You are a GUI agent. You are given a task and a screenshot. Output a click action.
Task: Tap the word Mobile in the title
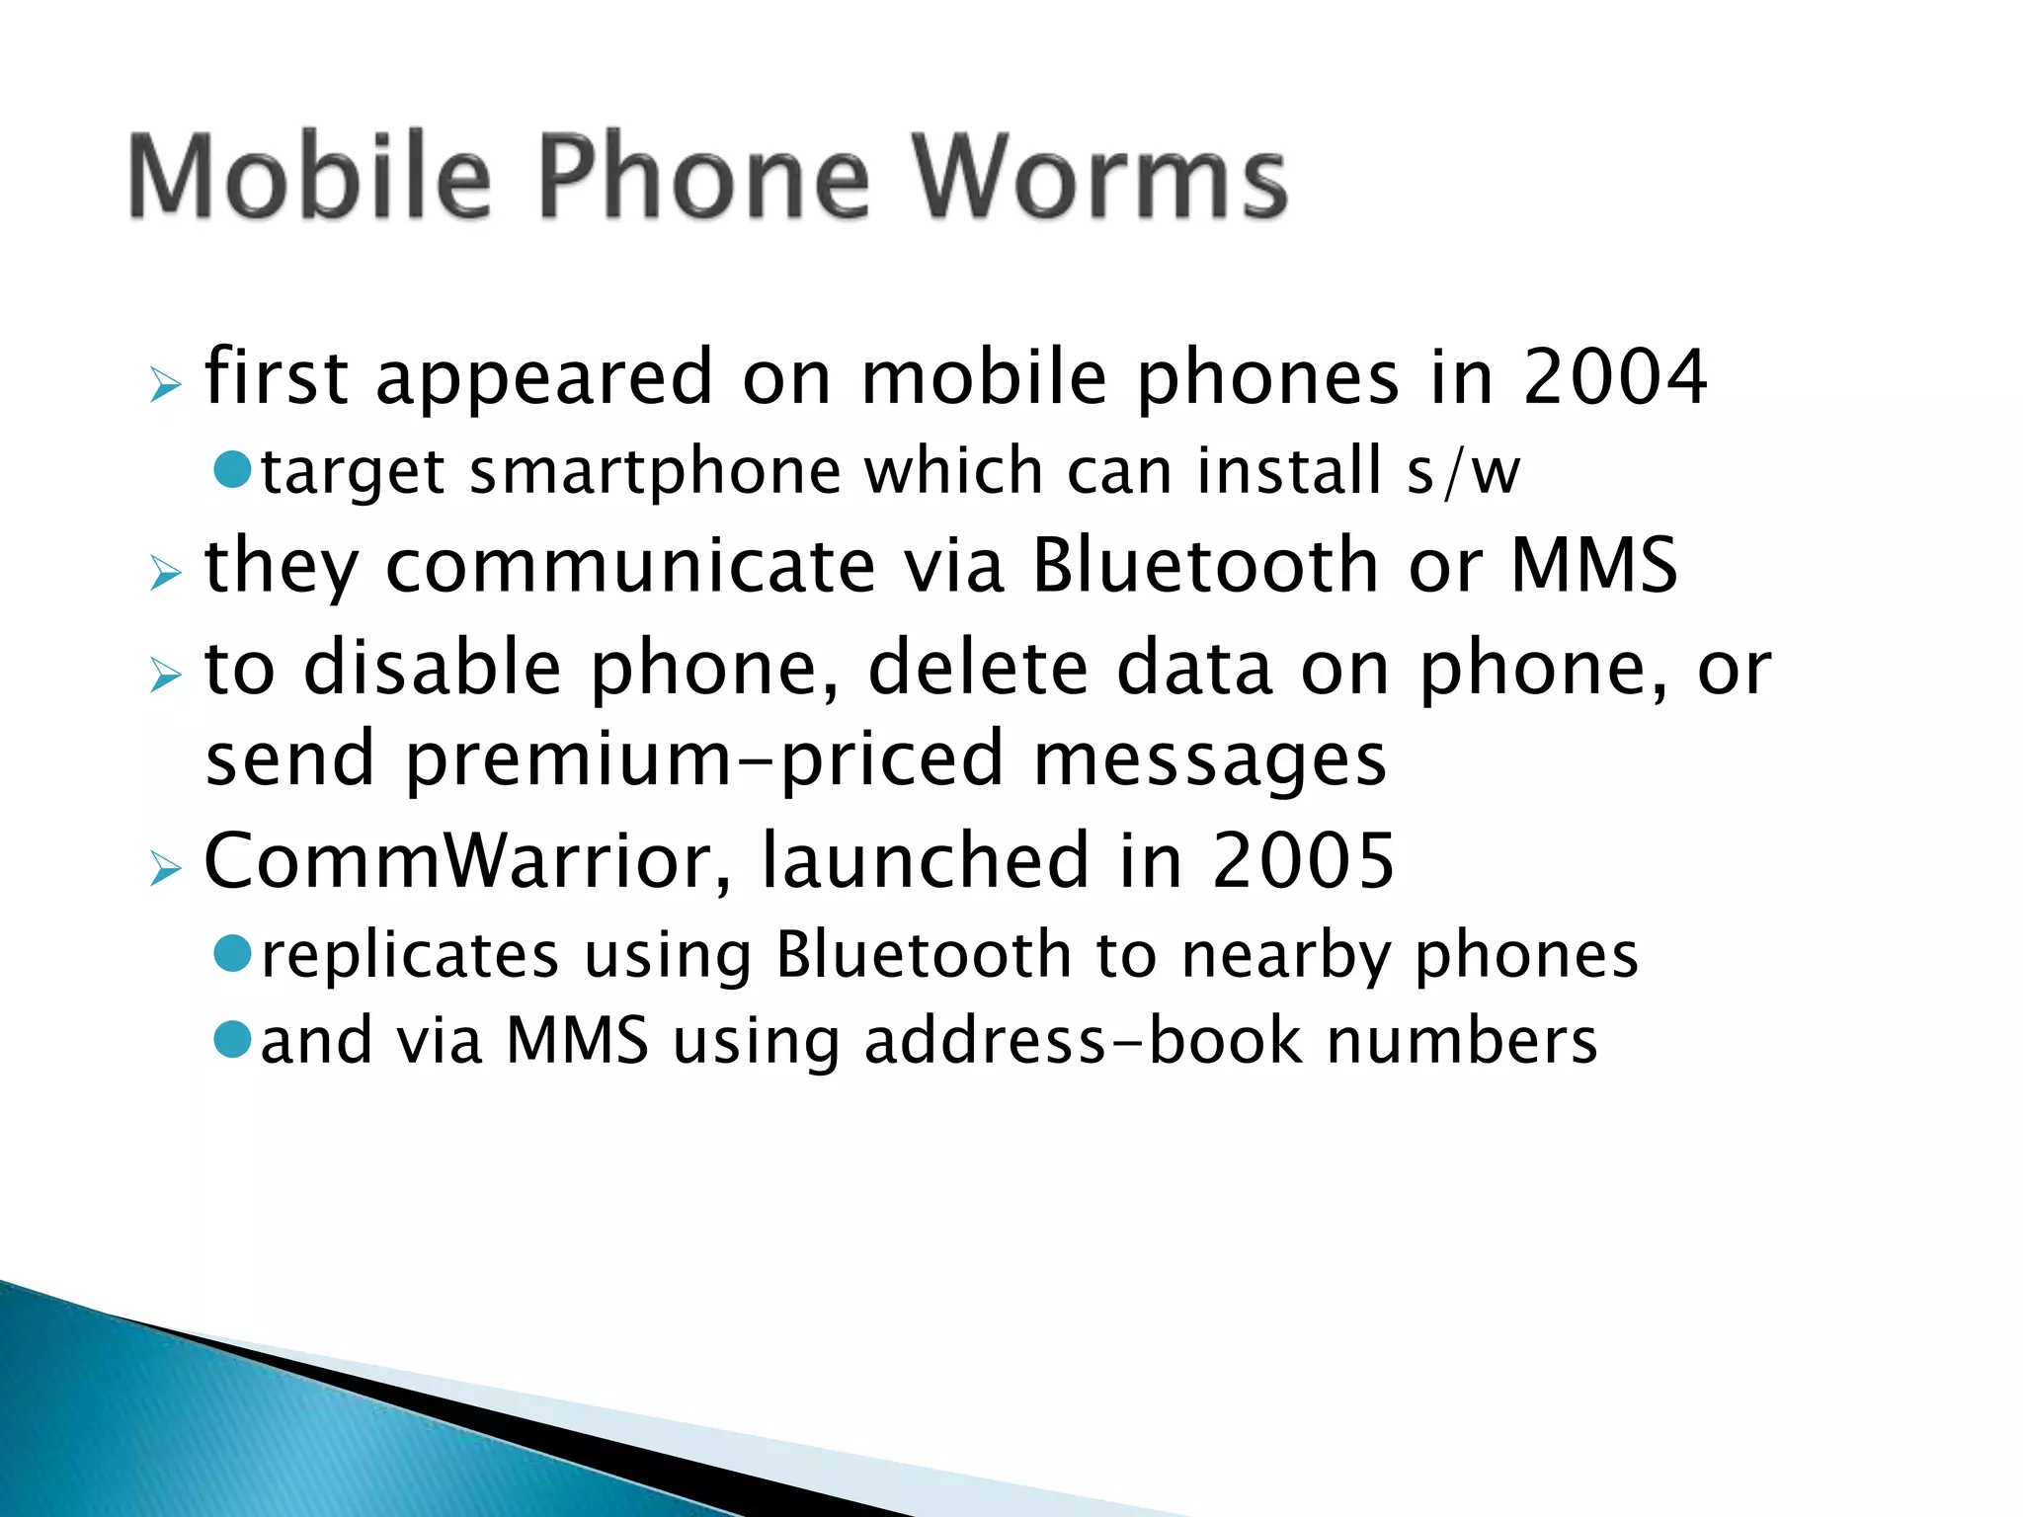pyautogui.click(x=309, y=178)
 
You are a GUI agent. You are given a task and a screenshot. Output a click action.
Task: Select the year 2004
pyautogui.click(x=1614, y=377)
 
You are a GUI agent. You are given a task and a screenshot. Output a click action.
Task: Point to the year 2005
pyautogui.click(x=1303, y=860)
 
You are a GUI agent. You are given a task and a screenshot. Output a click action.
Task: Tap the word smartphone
pyautogui.click(x=655, y=471)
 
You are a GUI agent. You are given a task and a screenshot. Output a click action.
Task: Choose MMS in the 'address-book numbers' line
pyautogui.click(x=578, y=1041)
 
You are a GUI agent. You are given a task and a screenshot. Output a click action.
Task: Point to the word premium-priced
pyautogui.click(x=704, y=758)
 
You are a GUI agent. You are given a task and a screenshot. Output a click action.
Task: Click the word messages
pyautogui.click(x=1210, y=758)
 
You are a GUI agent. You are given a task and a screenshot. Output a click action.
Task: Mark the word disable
pyautogui.click(x=433, y=669)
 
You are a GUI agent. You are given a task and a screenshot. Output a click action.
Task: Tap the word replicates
pyautogui.click(x=410, y=955)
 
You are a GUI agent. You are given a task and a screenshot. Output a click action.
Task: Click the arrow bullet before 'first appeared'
pyautogui.click(x=166, y=385)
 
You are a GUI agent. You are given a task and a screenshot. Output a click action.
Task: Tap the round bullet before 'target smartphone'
pyautogui.click(x=234, y=468)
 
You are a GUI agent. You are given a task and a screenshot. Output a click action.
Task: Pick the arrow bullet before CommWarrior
pyautogui.click(x=166, y=868)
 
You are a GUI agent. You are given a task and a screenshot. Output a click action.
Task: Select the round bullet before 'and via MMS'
pyautogui.click(x=234, y=1038)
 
